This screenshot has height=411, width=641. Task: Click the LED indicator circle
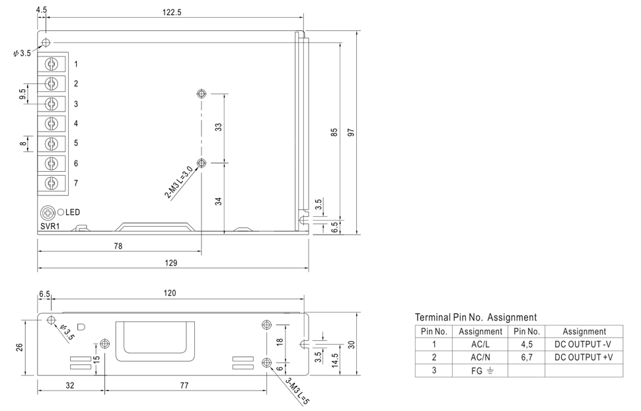61,213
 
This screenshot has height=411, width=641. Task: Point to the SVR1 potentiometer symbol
48,213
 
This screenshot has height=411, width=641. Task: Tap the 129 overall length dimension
171,262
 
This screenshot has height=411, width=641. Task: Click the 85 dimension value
334,132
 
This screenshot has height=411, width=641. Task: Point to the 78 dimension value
118,246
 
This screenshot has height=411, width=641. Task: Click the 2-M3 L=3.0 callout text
179,182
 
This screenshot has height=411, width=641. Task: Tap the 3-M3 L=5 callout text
297,390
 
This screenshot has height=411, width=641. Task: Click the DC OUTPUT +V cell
584,357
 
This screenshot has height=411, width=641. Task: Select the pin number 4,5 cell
526,344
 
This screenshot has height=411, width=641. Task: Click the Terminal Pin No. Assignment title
476,317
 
